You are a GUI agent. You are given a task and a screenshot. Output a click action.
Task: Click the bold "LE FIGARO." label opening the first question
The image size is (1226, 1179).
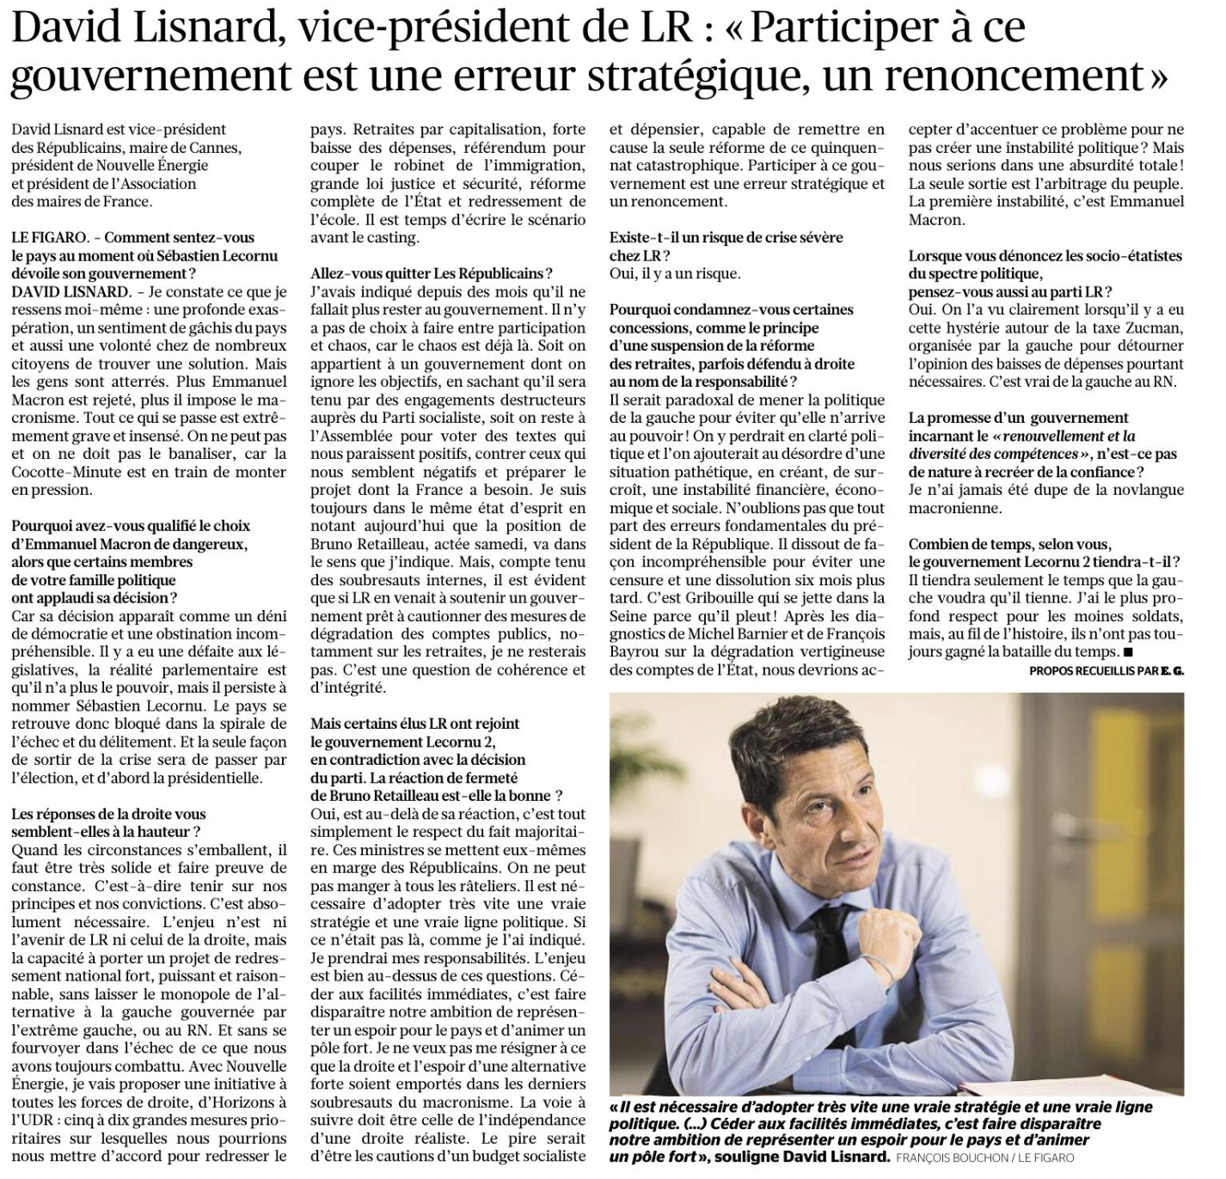click(x=47, y=238)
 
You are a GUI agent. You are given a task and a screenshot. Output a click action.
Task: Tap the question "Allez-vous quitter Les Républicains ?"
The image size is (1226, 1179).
click(x=432, y=274)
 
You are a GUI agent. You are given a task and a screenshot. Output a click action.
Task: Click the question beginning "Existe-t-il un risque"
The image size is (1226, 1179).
click(x=726, y=246)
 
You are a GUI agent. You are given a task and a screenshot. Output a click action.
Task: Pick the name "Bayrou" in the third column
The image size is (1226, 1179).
click(x=637, y=651)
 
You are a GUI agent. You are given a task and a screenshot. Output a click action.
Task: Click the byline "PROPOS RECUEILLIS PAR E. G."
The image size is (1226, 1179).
click(x=1106, y=670)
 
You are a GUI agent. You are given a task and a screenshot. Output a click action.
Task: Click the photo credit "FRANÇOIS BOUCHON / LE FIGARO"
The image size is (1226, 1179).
click(x=984, y=1158)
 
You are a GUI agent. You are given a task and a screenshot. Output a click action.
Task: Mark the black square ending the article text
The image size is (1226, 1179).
click(x=1127, y=653)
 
